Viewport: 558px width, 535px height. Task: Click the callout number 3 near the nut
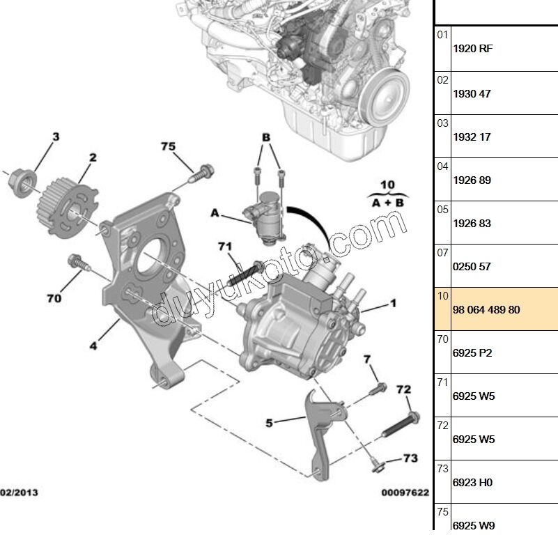click(x=56, y=137)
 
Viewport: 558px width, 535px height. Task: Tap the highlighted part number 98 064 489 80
click(x=486, y=309)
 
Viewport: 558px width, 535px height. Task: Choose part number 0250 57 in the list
click(x=472, y=266)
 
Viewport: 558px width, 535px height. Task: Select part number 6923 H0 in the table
click(x=472, y=482)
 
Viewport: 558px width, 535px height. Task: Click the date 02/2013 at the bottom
click(x=20, y=493)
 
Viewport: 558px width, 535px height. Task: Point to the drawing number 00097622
click(x=405, y=493)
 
